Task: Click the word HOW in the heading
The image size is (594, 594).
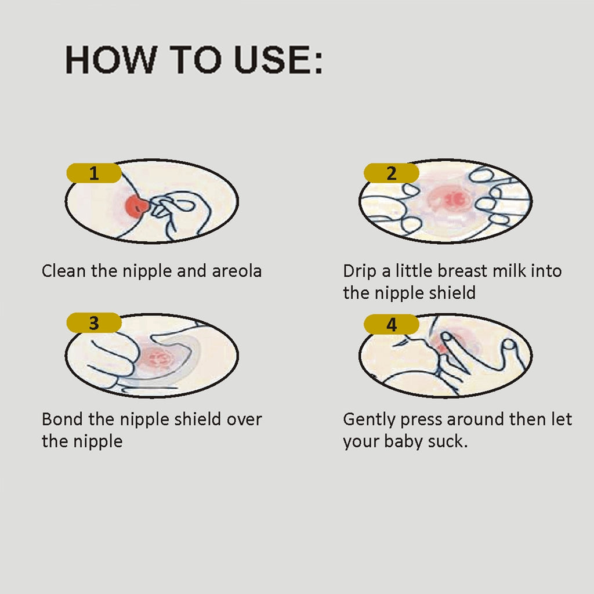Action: click(111, 60)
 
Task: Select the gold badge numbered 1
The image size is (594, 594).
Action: click(94, 173)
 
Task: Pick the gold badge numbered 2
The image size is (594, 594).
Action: click(392, 173)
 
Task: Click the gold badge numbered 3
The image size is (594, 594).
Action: click(94, 323)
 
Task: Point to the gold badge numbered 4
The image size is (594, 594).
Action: click(392, 324)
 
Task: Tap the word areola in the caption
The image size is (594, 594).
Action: click(237, 271)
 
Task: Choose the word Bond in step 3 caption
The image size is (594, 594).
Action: click(63, 419)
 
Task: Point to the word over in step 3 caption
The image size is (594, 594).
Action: click(244, 420)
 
